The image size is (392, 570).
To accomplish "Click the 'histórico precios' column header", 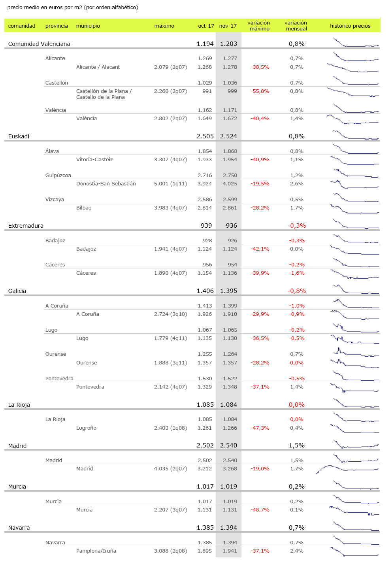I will [x=350, y=26].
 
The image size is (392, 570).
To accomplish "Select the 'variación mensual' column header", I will [x=296, y=26].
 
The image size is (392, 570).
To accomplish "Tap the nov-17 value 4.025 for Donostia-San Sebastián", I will [x=230, y=184].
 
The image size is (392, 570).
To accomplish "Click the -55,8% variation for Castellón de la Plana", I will [x=260, y=91].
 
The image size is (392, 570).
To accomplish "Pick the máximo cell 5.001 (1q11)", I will [x=170, y=184].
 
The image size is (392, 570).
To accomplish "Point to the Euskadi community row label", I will [x=19, y=136].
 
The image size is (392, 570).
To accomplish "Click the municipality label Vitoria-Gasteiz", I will [x=94, y=160].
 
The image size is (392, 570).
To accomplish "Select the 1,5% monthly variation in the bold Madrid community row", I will [x=296, y=445].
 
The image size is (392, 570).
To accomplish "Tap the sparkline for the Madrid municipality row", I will [x=348, y=469].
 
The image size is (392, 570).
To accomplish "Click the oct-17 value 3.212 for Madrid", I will [x=205, y=469].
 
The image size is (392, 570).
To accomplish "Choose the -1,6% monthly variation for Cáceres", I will [x=296, y=273].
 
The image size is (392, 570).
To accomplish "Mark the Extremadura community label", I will [x=26, y=226].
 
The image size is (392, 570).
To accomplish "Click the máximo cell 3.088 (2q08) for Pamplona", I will [x=170, y=551].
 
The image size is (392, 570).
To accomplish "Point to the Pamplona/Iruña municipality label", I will [x=96, y=551].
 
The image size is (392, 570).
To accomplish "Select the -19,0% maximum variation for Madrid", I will [x=260, y=469].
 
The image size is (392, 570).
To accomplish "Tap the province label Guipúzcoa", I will [x=58, y=176].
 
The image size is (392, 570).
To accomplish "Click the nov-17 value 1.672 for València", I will [x=230, y=119].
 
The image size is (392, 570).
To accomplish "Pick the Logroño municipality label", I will [x=86, y=428].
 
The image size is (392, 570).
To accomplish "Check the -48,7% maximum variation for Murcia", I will [x=260, y=510].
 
